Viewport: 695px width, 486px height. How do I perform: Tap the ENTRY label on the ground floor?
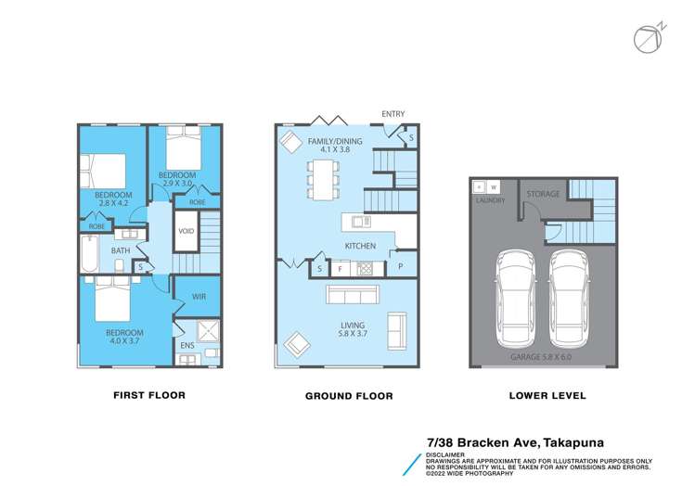pyautogui.click(x=393, y=114)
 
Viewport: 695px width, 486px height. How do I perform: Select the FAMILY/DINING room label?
pyautogui.click(x=334, y=143)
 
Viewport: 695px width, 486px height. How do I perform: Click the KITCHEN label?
pyautogui.click(x=361, y=246)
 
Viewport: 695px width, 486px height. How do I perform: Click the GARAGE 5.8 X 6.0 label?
pyautogui.click(x=542, y=356)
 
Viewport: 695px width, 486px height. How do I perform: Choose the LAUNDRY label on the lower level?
pyautogui.click(x=489, y=199)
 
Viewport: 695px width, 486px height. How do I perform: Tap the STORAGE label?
pyautogui.click(x=542, y=194)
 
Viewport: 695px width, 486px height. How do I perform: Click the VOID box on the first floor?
pyautogui.click(x=186, y=230)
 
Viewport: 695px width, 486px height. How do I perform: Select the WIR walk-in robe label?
pyautogui.click(x=199, y=297)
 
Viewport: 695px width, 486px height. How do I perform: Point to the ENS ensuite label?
pyautogui.click(x=187, y=346)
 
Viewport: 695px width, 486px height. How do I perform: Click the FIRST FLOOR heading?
pyautogui.click(x=149, y=395)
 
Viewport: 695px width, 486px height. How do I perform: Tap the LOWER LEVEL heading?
pyautogui.click(x=547, y=395)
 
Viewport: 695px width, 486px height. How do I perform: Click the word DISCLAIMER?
pyautogui.click(x=445, y=455)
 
